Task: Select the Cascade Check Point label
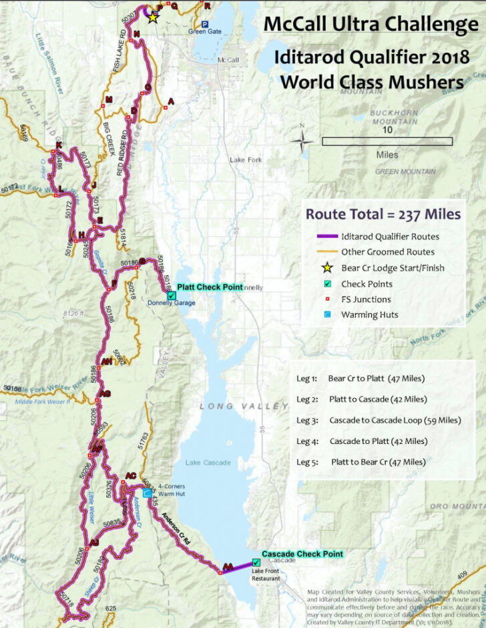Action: [x=302, y=554]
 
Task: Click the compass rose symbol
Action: [x=304, y=141]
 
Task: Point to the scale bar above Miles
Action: [x=387, y=141]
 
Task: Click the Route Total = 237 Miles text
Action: [x=383, y=214]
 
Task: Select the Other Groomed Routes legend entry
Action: [x=387, y=252]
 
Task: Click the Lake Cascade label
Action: [x=202, y=463]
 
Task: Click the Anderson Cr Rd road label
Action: [x=182, y=533]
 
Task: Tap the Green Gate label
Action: [x=204, y=31]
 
